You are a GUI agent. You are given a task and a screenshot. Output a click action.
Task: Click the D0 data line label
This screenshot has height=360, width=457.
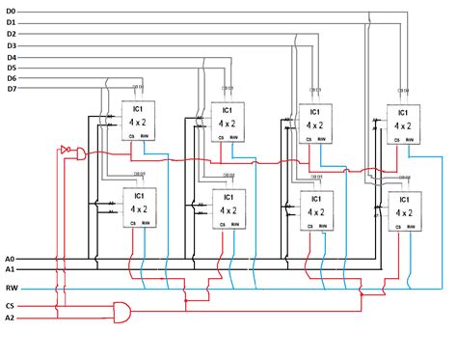(x=11, y=11)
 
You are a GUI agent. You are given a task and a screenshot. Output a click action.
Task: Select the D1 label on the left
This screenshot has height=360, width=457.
(x=11, y=22)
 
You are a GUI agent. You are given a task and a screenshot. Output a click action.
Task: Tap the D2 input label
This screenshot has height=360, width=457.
(x=11, y=34)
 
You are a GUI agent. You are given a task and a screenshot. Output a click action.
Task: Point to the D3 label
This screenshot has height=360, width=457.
(x=11, y=45)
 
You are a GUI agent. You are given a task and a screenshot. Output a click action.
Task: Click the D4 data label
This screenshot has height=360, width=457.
(x=11, y=57)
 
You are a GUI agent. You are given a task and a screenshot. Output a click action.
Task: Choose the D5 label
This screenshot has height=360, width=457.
(x=11, y=68)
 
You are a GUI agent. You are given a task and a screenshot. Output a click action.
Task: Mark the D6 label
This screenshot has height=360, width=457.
(x=11, y=78)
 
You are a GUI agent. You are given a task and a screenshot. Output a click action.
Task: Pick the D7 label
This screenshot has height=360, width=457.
(x=11, y=90)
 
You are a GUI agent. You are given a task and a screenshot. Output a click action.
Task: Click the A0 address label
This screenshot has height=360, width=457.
(x=10, y=260)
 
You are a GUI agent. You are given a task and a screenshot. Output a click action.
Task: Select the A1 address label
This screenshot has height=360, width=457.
(x=10, y=271)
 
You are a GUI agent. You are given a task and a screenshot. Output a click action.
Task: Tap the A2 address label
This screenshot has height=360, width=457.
(x=10, y=317)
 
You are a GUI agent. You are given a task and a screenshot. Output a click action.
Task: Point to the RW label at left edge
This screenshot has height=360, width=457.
(x=11, y=288)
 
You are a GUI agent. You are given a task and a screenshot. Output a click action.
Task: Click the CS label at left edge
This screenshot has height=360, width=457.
(x=10, y=305)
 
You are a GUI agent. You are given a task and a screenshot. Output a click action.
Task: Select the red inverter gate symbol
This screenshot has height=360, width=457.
(x=66, y=151)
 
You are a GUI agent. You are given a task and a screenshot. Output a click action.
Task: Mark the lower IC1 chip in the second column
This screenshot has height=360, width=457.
(x=228, y=209)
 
